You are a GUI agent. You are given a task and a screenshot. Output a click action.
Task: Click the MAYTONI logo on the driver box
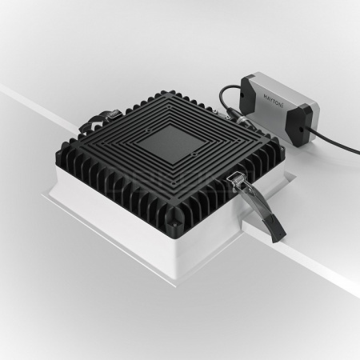(x=273, y=101)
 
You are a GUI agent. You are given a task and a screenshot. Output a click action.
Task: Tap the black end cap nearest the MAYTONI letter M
(x=248, y=89)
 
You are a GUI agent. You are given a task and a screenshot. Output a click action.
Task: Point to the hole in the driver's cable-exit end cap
(x=301, y=130)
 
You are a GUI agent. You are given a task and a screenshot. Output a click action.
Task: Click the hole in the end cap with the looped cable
(x=242, y=95)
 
